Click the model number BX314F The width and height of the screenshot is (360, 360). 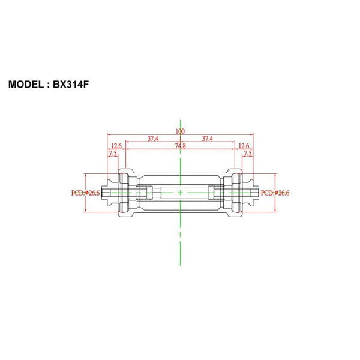71,85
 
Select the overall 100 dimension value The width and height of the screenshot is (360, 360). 180,131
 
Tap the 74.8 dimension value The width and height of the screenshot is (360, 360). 180,146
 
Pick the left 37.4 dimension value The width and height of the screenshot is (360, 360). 152,139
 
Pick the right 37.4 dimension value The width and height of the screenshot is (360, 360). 208,139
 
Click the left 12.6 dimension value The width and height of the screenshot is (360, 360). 116,146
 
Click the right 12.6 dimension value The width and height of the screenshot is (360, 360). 244,146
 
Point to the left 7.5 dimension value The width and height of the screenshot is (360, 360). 112,154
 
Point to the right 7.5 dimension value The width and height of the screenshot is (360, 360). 247,154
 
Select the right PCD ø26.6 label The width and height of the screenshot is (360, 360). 275,193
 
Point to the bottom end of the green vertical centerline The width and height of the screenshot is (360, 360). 180,265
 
